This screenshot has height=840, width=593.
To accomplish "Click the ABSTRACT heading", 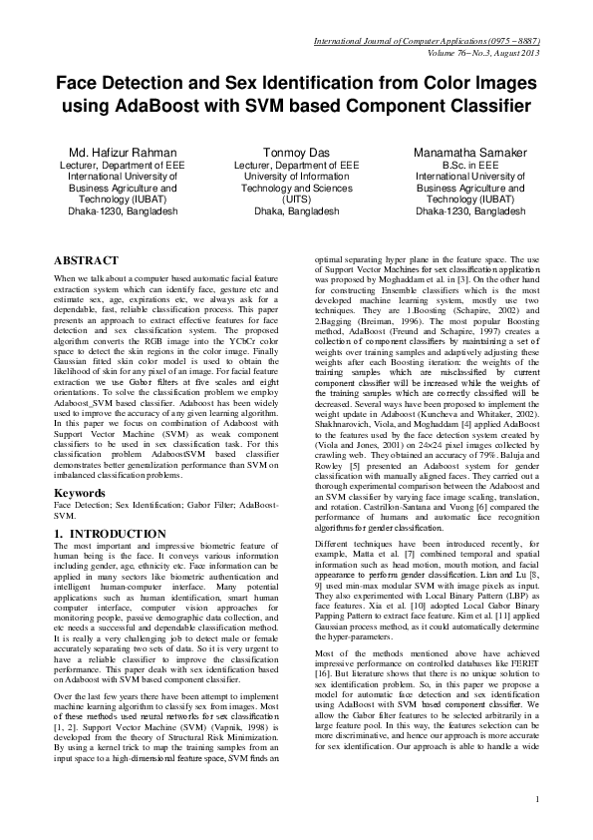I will click(x=87, y=259).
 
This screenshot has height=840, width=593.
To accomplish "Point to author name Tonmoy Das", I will click(x=296, y=153).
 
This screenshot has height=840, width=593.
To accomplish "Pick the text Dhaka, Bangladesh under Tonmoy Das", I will click(x=296, y=211).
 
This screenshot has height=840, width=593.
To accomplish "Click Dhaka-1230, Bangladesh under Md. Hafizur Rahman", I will click(x=122, y=211).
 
